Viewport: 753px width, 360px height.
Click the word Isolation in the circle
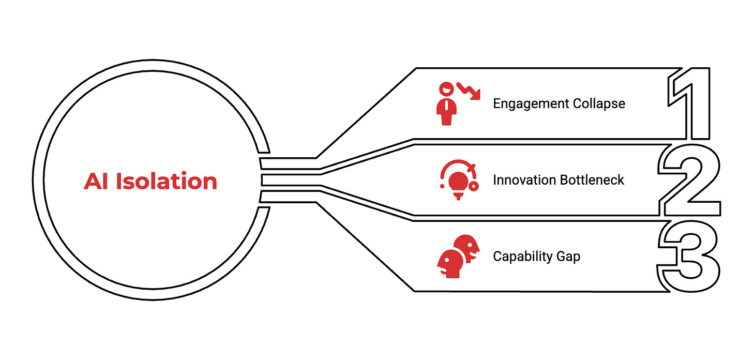tap(166, 182)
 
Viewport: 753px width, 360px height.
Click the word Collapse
tap(599, 103)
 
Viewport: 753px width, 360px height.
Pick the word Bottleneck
tap(593, 180)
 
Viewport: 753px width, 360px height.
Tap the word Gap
tap(568, 257)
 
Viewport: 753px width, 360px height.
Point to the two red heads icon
tap(458, 257)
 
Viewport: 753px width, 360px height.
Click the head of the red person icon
tap(445, 88)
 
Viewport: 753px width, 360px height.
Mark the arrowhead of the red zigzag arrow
tap(475, 96)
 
